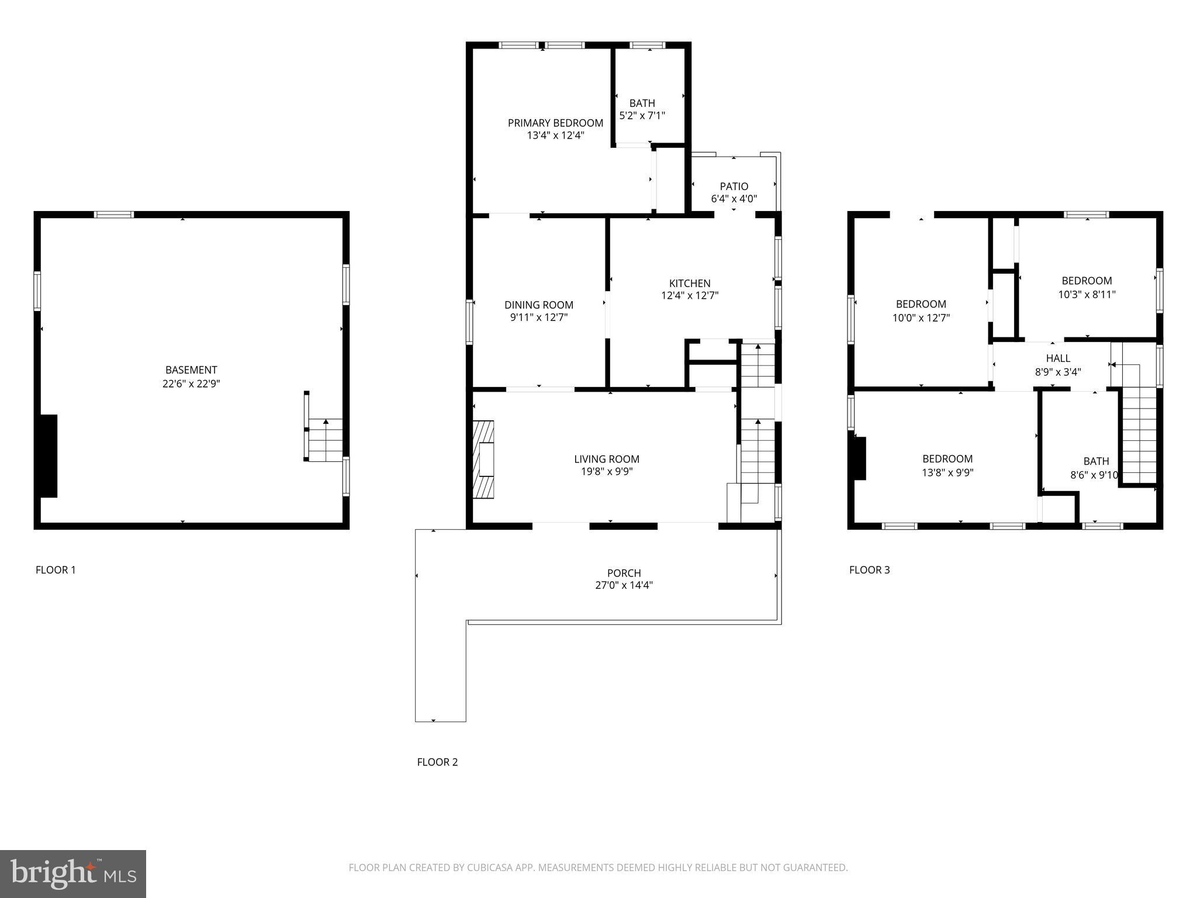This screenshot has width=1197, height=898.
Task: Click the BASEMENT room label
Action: (x=191, y=370)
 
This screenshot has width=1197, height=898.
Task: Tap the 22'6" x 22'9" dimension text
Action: (x=191, y=384)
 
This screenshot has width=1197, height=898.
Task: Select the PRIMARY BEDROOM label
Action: (x=555, y=123)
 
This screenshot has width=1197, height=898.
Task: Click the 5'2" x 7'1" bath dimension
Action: (x=642, y=116)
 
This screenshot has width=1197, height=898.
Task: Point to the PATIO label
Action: (x=734, y=186)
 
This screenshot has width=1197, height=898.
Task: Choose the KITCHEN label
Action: (x=690, y=284)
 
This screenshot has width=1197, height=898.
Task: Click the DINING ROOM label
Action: (x=538, y=305)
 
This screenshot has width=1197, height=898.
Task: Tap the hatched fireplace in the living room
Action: (x=483, y=460)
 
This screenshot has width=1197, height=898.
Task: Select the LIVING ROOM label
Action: (x=606, y=459)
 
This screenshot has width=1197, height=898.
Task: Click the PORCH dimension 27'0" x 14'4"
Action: (x=624, y=585)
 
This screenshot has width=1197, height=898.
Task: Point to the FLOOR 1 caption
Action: (x=56, y=570)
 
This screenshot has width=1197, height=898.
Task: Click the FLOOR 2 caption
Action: (x=437, y=762)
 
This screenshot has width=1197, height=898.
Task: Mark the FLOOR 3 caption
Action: (x=869, y=570)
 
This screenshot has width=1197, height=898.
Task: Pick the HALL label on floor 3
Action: (x=1058, y=358)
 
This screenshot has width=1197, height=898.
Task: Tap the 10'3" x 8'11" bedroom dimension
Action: (x=1087, y=295)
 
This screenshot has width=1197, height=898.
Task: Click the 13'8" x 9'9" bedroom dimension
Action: (x=947, y=472)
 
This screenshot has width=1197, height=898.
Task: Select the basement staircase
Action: (x=325, y=440)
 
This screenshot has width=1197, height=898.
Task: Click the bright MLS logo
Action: (x=73, y=873)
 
